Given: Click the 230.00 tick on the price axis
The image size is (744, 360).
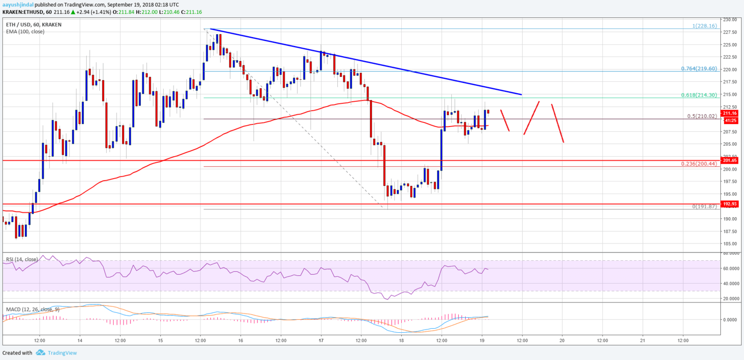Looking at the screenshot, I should (730, 19).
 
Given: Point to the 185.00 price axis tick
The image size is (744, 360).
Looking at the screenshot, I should (730, 243).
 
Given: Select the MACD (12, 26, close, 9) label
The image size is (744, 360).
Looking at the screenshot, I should (33, 309).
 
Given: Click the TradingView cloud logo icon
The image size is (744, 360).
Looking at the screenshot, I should (40, 353).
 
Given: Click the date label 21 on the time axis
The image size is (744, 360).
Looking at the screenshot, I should (642, 341).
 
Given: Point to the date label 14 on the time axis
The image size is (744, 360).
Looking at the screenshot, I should (80, 341).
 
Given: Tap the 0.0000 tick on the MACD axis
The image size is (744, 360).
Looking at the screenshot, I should (732, 319).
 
